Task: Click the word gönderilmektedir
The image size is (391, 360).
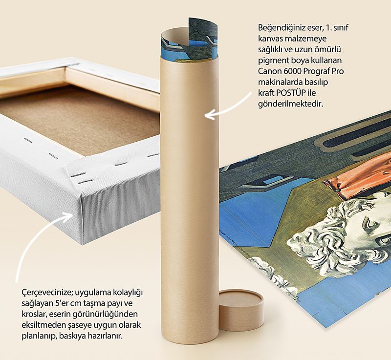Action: [x=290, y=104]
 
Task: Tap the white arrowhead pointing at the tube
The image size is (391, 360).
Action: [x=209, y=115]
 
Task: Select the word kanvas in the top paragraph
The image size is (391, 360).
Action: [x=270, y=39]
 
